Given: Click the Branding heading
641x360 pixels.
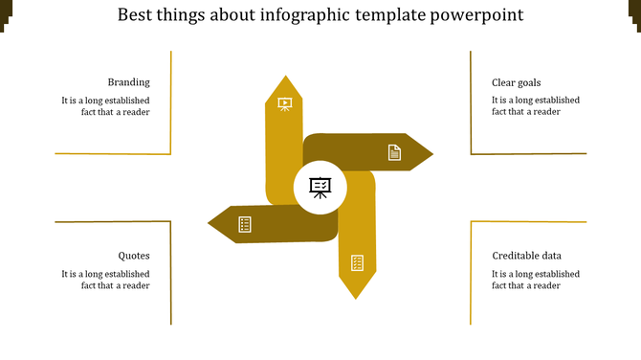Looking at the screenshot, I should point(128,82).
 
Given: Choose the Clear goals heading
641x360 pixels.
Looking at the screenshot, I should point(516,82).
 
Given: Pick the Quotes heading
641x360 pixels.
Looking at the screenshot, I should point(134,256).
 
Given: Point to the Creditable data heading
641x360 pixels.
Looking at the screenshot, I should point(526,256).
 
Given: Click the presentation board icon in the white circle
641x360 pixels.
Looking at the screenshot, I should point(320,187).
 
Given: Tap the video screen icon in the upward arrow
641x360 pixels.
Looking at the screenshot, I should point(284,103).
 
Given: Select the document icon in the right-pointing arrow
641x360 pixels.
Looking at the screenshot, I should point(394,152).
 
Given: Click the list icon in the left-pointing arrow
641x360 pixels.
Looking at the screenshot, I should point(245,224).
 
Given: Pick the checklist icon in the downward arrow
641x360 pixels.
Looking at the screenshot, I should point(357,262).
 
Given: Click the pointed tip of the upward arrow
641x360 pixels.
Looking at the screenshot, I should point(283,78).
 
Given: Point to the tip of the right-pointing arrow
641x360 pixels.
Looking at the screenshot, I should point(431,153).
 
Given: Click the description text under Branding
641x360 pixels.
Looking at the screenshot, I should point(105,105).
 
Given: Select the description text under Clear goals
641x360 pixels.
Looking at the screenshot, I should point(535,105).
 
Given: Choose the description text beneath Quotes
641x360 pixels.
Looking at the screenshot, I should point(105,279).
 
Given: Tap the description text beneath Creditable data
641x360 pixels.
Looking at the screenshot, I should point(535,279).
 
